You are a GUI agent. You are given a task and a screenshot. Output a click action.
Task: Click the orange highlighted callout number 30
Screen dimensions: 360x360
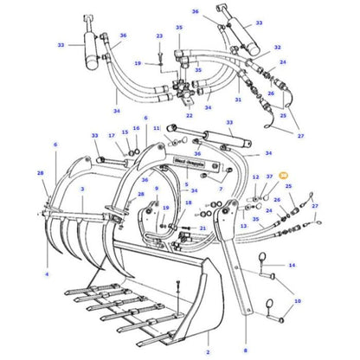pos(284,176)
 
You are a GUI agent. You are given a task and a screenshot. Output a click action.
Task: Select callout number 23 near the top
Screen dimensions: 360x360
pos(159,36)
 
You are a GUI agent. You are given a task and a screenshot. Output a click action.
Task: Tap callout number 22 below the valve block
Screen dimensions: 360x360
pos(190,115)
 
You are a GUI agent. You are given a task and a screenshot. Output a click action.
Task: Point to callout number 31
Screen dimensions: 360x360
pos(238,99)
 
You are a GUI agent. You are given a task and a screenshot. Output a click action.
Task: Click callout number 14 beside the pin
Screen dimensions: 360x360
pos(292,266)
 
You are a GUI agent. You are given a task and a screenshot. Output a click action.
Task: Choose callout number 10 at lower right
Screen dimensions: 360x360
pos(298,301)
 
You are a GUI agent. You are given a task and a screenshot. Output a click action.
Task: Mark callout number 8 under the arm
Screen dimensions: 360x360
pos(246,350)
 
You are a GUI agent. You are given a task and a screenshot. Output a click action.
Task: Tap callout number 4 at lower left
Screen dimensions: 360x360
pos(47,275)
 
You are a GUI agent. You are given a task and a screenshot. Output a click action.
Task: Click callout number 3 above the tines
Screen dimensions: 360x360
pos(81,189)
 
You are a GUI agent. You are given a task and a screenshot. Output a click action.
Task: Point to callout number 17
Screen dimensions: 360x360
pos(111,135)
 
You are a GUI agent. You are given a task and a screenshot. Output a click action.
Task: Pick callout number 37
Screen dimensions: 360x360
pos(270,177)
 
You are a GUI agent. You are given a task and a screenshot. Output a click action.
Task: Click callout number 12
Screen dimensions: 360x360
pos(255,177)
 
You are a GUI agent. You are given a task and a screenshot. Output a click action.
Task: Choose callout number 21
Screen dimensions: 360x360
pos(202,228)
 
